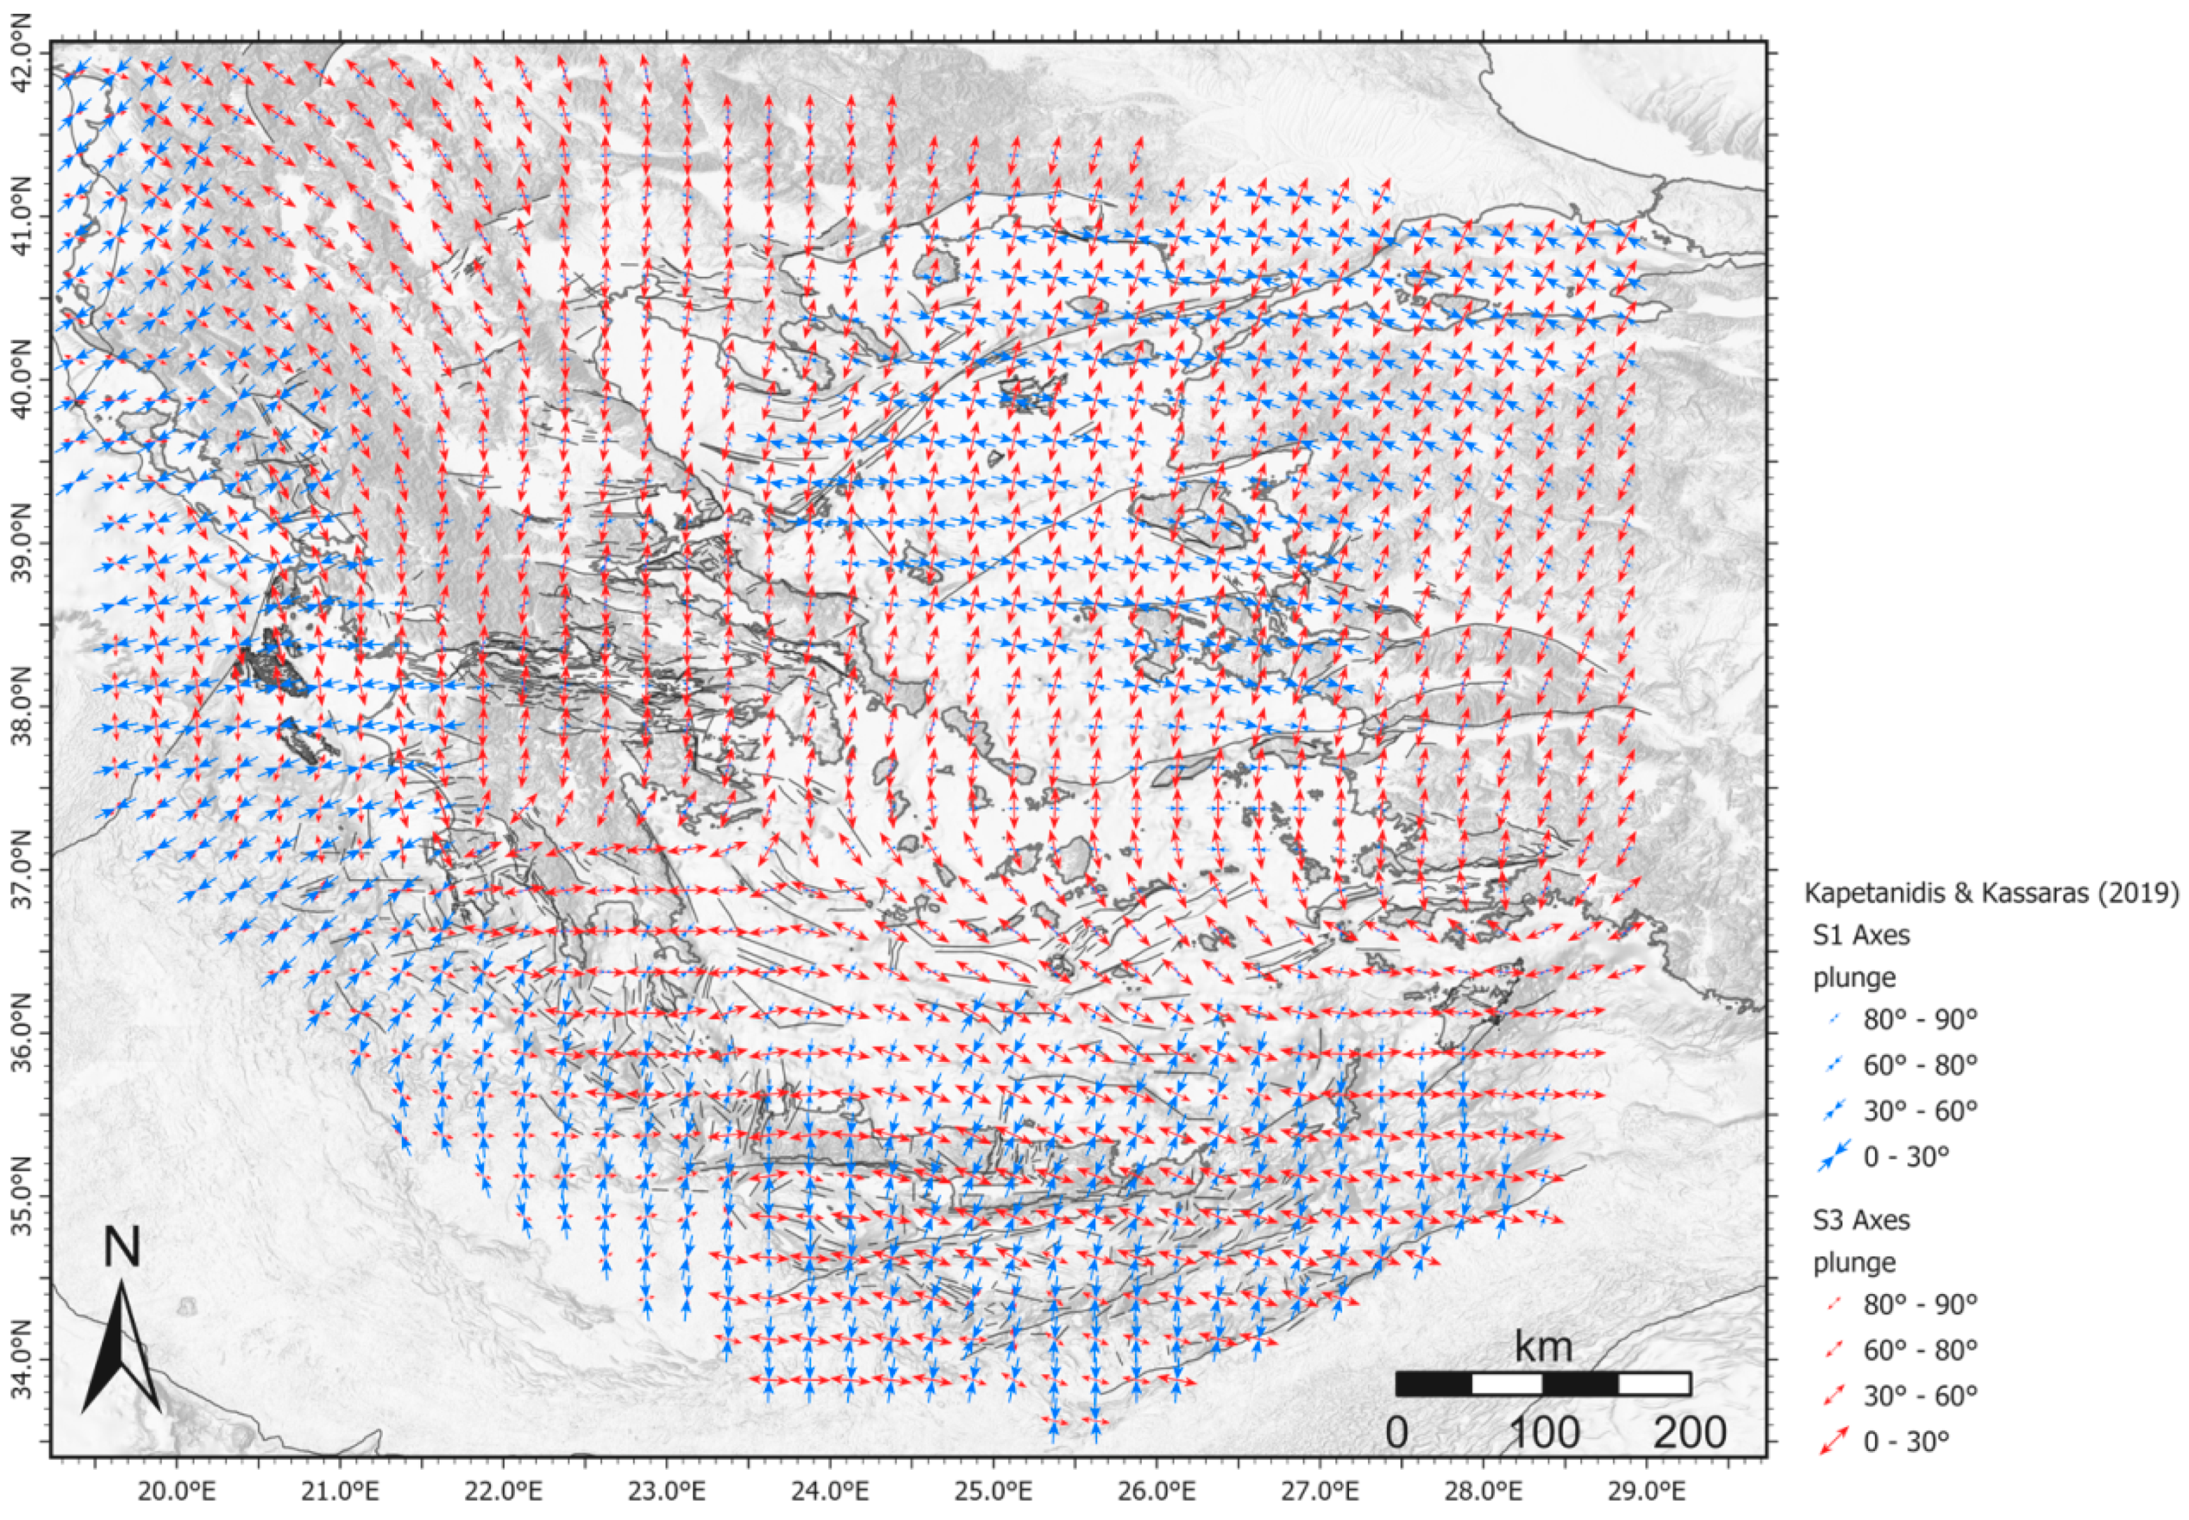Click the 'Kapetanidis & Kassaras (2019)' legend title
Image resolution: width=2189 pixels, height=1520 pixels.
1992,893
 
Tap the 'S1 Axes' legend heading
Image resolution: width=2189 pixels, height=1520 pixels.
1860,935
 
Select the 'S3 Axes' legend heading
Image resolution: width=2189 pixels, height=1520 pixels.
1860,1220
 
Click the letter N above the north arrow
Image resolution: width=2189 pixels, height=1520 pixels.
122,1247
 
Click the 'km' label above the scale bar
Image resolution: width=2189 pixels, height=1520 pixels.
1543,1348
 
